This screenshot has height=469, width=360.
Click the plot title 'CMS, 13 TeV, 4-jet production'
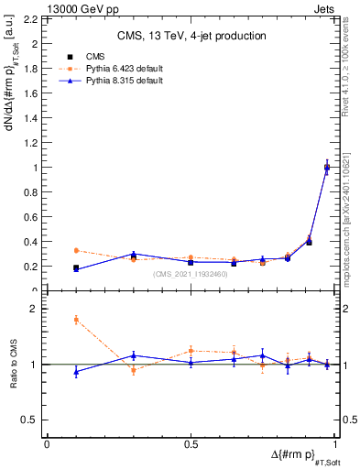tap(191, 37)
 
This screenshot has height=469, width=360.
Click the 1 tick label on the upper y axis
tap(37, 168)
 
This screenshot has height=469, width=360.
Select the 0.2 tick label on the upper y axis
tap(33, 267)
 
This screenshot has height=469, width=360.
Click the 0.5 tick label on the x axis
tap(191, 444)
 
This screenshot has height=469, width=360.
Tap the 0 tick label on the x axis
tap(47, 444)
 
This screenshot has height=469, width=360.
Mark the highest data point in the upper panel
tap(327, 167)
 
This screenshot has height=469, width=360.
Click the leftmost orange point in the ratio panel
tap(76, 319)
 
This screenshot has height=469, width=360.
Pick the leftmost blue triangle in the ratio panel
tap(76, 372)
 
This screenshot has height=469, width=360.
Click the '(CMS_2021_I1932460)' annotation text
tap(191, 273)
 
